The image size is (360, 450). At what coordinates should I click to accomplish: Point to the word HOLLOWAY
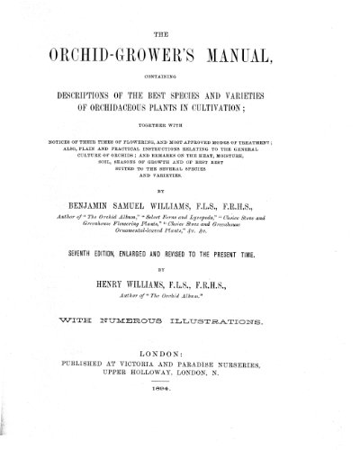pos(174,404)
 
